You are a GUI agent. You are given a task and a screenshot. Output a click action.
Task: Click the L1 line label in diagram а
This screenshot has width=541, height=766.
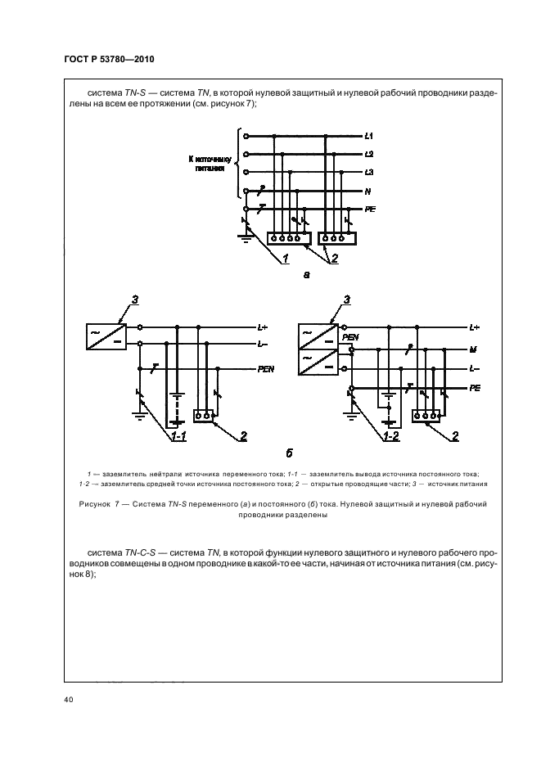tap(369, 135)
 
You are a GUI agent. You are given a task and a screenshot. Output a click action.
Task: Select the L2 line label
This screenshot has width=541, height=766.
tap(369, 154)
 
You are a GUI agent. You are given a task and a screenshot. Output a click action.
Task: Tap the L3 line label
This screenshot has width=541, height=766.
tap(369, 173)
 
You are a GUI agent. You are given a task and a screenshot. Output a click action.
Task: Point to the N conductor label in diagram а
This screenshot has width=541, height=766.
tap(368, 191)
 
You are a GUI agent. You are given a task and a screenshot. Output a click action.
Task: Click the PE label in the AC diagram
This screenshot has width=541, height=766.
tap(370, 210)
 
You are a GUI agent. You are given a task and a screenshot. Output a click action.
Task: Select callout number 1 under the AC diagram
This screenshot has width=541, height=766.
tap(286, 259)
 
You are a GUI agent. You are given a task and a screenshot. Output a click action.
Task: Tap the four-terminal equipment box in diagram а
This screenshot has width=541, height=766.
tap(286, 239)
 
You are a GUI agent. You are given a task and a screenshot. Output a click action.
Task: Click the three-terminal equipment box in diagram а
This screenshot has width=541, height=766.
tap(336, 239)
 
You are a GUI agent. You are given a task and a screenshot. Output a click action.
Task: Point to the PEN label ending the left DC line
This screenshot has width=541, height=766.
tap(265, 369)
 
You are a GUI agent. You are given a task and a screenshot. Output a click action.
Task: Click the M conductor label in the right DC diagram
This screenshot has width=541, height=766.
tap(473, 349)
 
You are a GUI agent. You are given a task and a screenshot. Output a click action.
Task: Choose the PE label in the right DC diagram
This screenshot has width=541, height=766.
tap(474, 388)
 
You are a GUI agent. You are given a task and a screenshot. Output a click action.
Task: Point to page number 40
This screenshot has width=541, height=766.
tap(69, 700)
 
